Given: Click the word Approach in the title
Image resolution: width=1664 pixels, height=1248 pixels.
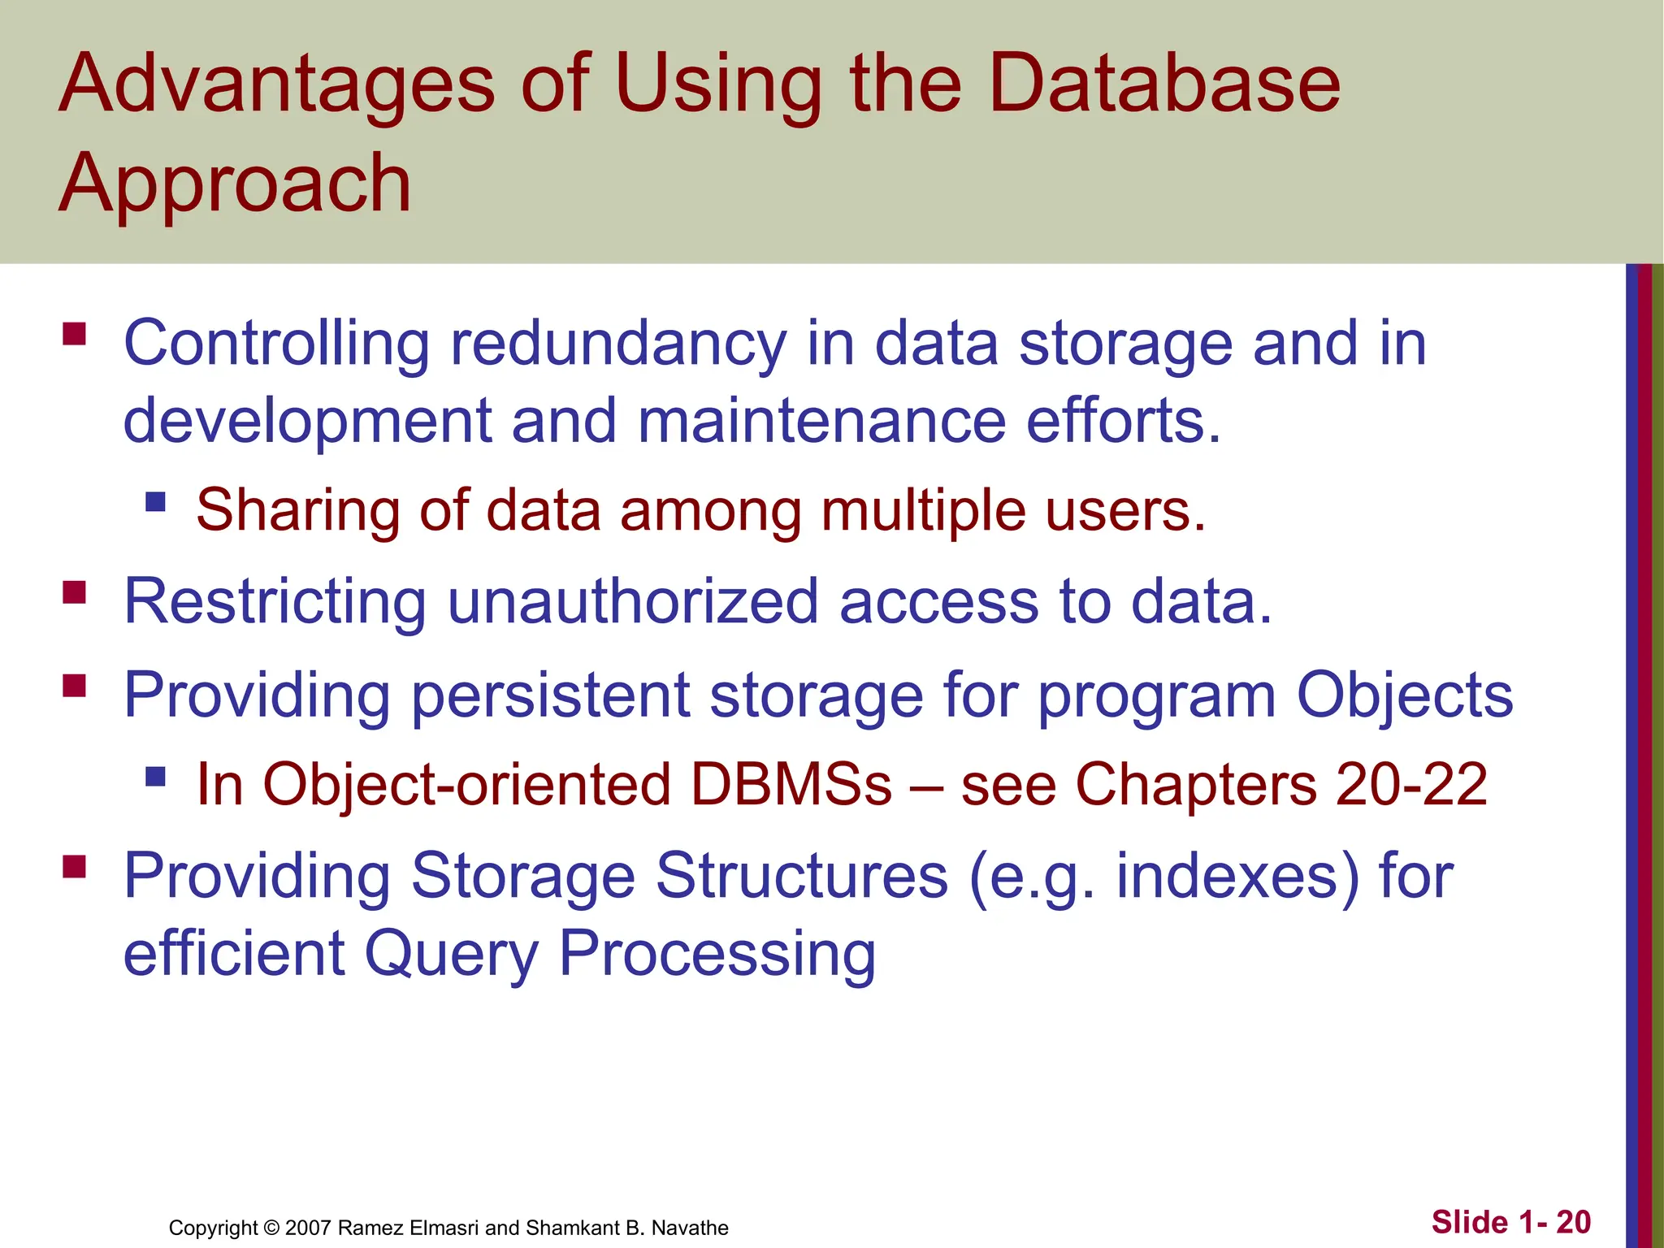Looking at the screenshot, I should point(235,185).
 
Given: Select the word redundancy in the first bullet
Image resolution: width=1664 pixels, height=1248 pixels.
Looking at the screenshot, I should point(618,344).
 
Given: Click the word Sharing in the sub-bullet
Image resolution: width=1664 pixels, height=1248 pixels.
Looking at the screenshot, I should point(297,510).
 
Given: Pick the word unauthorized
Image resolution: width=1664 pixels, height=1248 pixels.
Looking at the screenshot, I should point(632,602).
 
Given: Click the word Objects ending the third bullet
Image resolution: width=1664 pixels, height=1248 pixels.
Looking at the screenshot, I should point(1404,695).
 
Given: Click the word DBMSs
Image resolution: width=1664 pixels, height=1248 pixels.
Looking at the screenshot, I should point(791,785).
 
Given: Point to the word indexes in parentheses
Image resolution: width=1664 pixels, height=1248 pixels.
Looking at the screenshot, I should point(1226,877).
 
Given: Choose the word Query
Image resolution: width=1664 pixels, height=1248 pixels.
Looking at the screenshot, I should point(451,954).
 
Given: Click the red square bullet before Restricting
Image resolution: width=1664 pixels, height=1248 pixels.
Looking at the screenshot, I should point(75,592).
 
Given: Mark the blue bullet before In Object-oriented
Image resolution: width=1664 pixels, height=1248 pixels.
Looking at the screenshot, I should point(155,777).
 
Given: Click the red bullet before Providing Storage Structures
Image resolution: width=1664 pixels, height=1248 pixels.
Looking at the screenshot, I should point(75,867).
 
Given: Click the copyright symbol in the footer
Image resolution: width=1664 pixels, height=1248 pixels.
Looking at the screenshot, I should point(271,1228).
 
